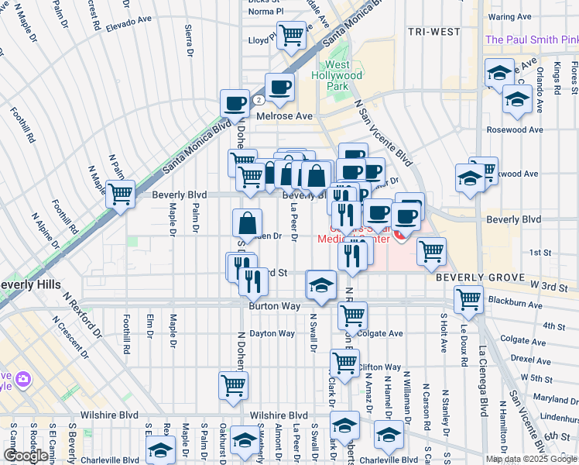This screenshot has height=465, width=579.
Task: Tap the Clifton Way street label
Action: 379,367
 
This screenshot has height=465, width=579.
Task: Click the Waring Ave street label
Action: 510,16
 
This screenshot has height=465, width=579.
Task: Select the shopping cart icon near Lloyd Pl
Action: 291,34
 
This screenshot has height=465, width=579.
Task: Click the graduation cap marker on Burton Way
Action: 320,284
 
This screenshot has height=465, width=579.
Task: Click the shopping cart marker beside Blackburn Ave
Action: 468,298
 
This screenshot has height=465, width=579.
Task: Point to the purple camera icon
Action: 23,379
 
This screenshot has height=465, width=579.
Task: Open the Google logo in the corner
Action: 26,456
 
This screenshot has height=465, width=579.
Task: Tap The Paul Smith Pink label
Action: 531,40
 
